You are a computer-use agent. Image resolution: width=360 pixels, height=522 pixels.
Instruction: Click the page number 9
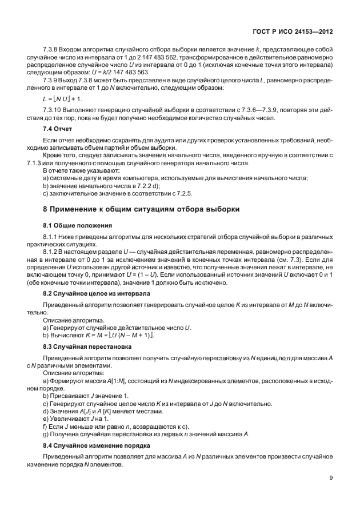point(330,479)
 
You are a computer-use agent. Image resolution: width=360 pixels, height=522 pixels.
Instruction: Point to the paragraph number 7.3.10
point(54,109)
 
